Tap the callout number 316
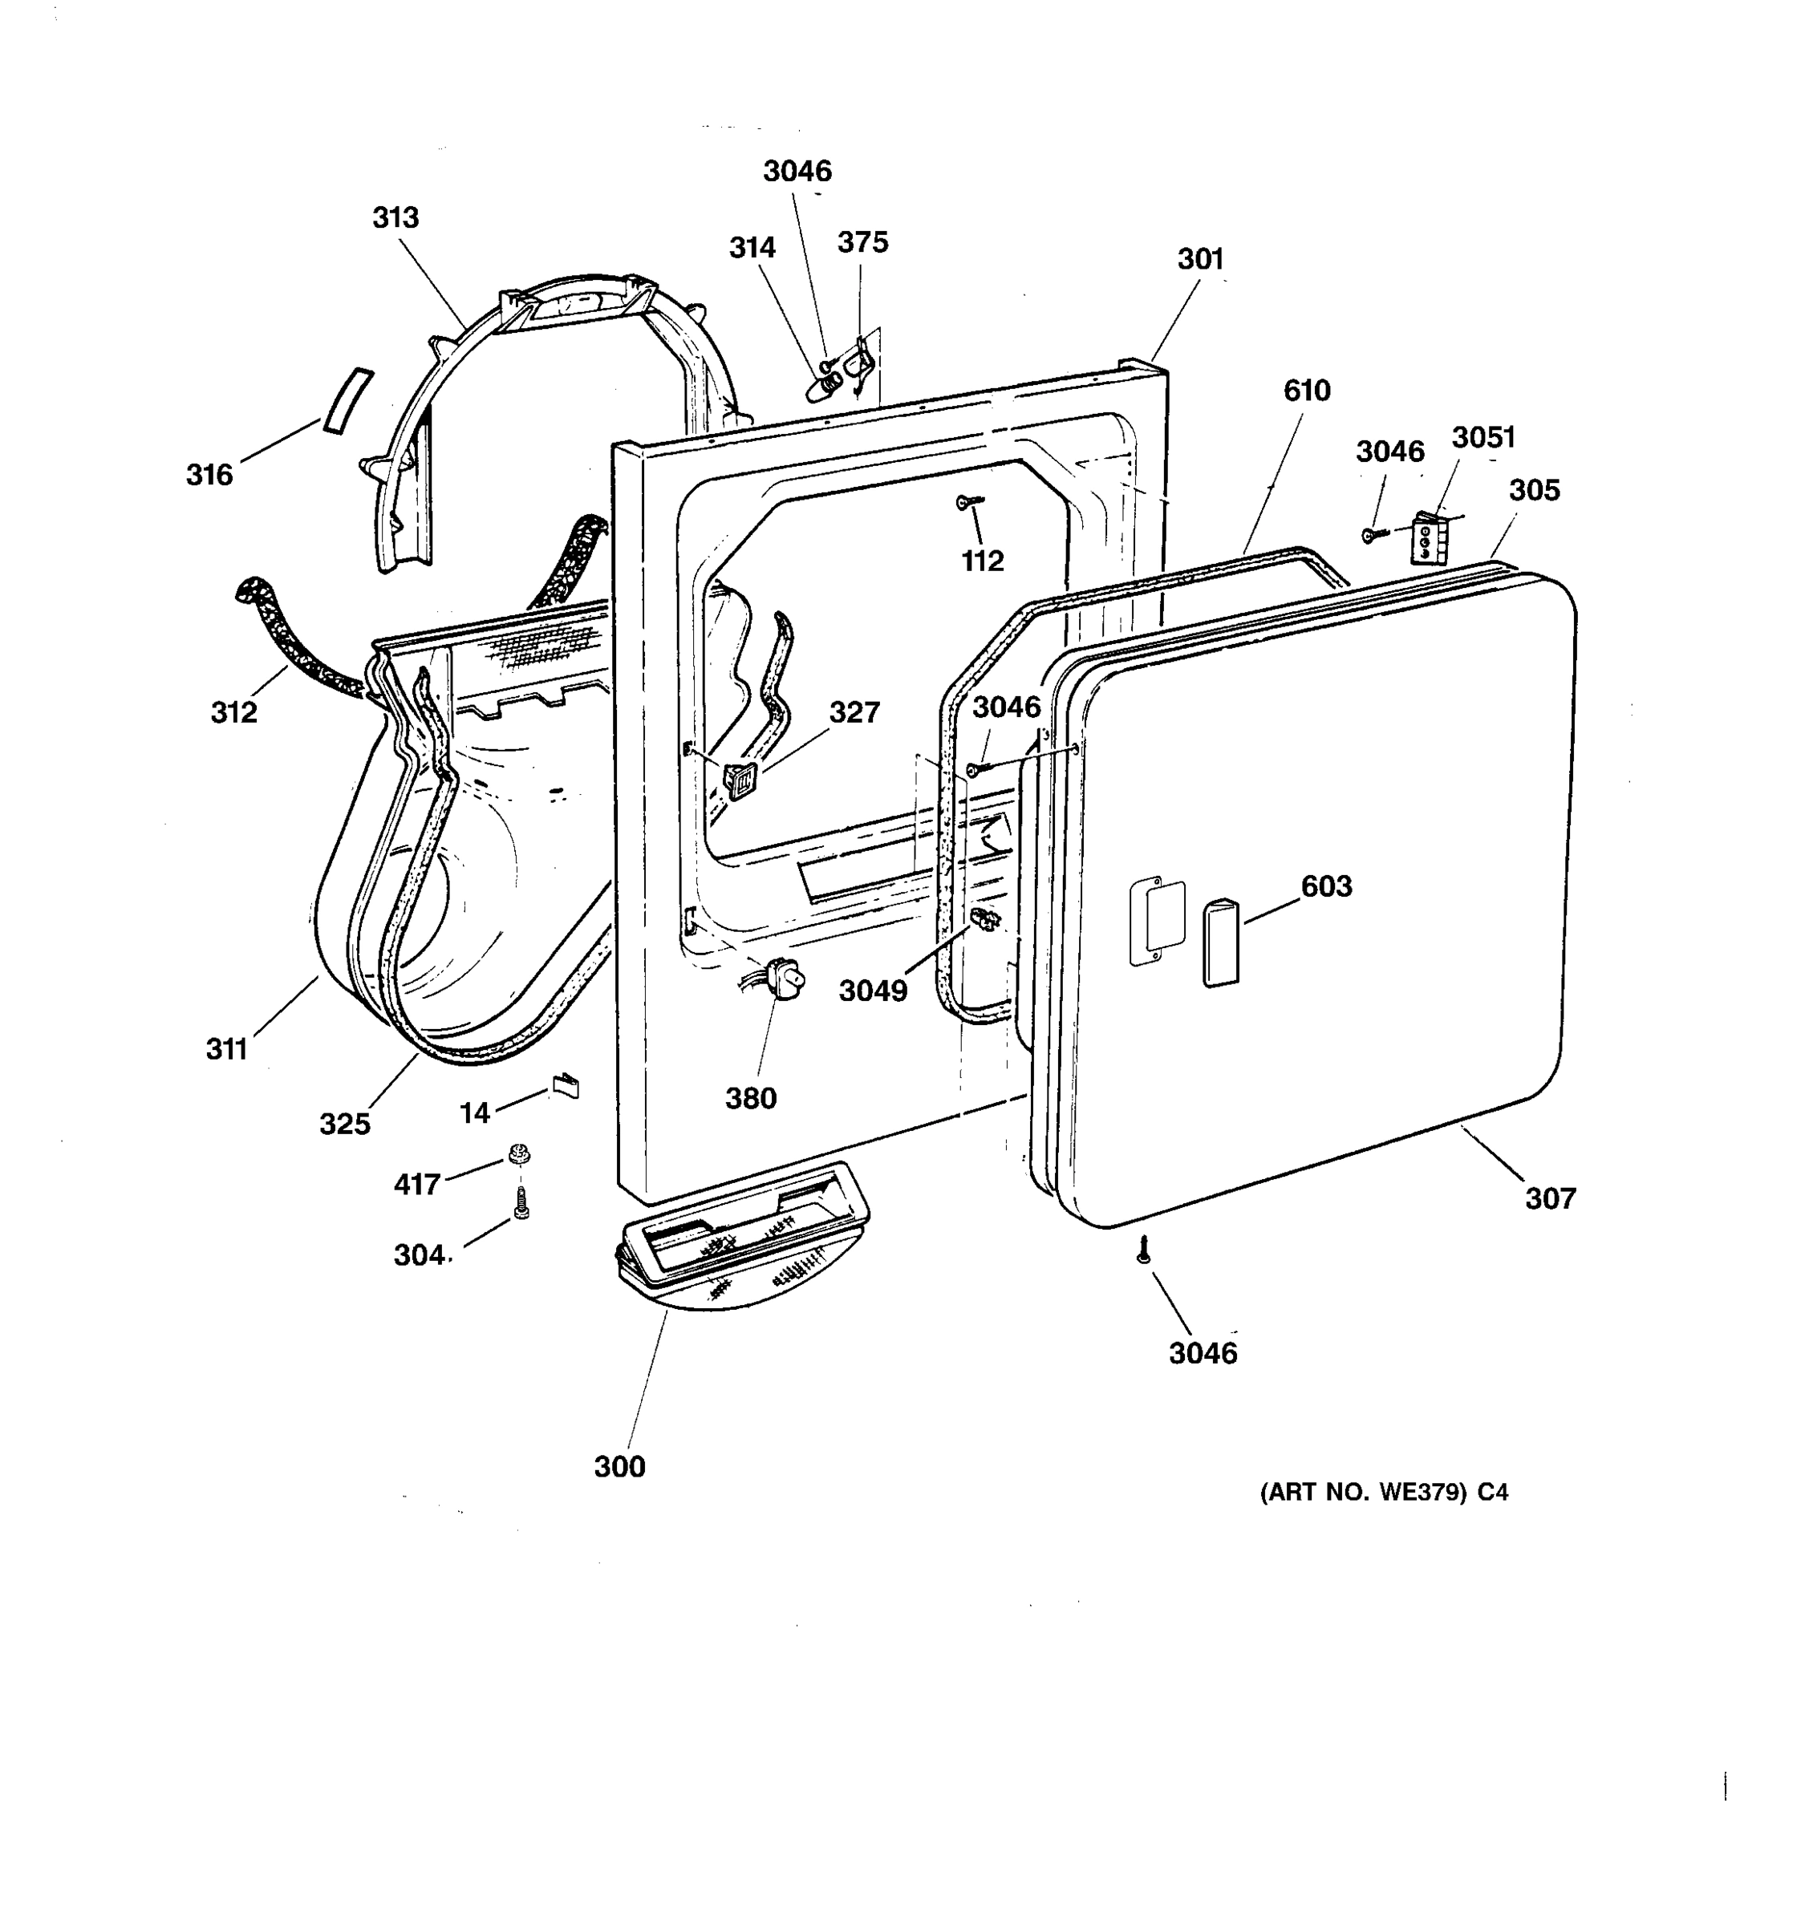point(209,475)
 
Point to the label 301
point(1200,260)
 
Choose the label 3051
point(1482,438)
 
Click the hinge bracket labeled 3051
point(1427,538)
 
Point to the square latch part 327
point(740,780)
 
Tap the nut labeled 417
point(519,1154)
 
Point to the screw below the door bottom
point(1142,1250)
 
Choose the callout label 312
point(233,713)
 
